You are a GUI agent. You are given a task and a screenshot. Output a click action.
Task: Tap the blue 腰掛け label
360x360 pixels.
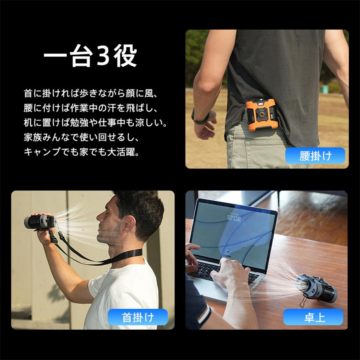point(316,155)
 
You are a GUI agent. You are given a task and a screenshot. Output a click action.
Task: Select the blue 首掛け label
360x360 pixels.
point(138,318)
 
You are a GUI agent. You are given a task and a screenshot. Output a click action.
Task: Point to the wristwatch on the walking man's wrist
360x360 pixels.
point(201,116)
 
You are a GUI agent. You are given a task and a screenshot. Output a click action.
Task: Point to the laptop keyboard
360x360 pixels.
point(224,270)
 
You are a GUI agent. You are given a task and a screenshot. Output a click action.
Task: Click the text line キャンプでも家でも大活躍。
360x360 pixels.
point(82,152)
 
